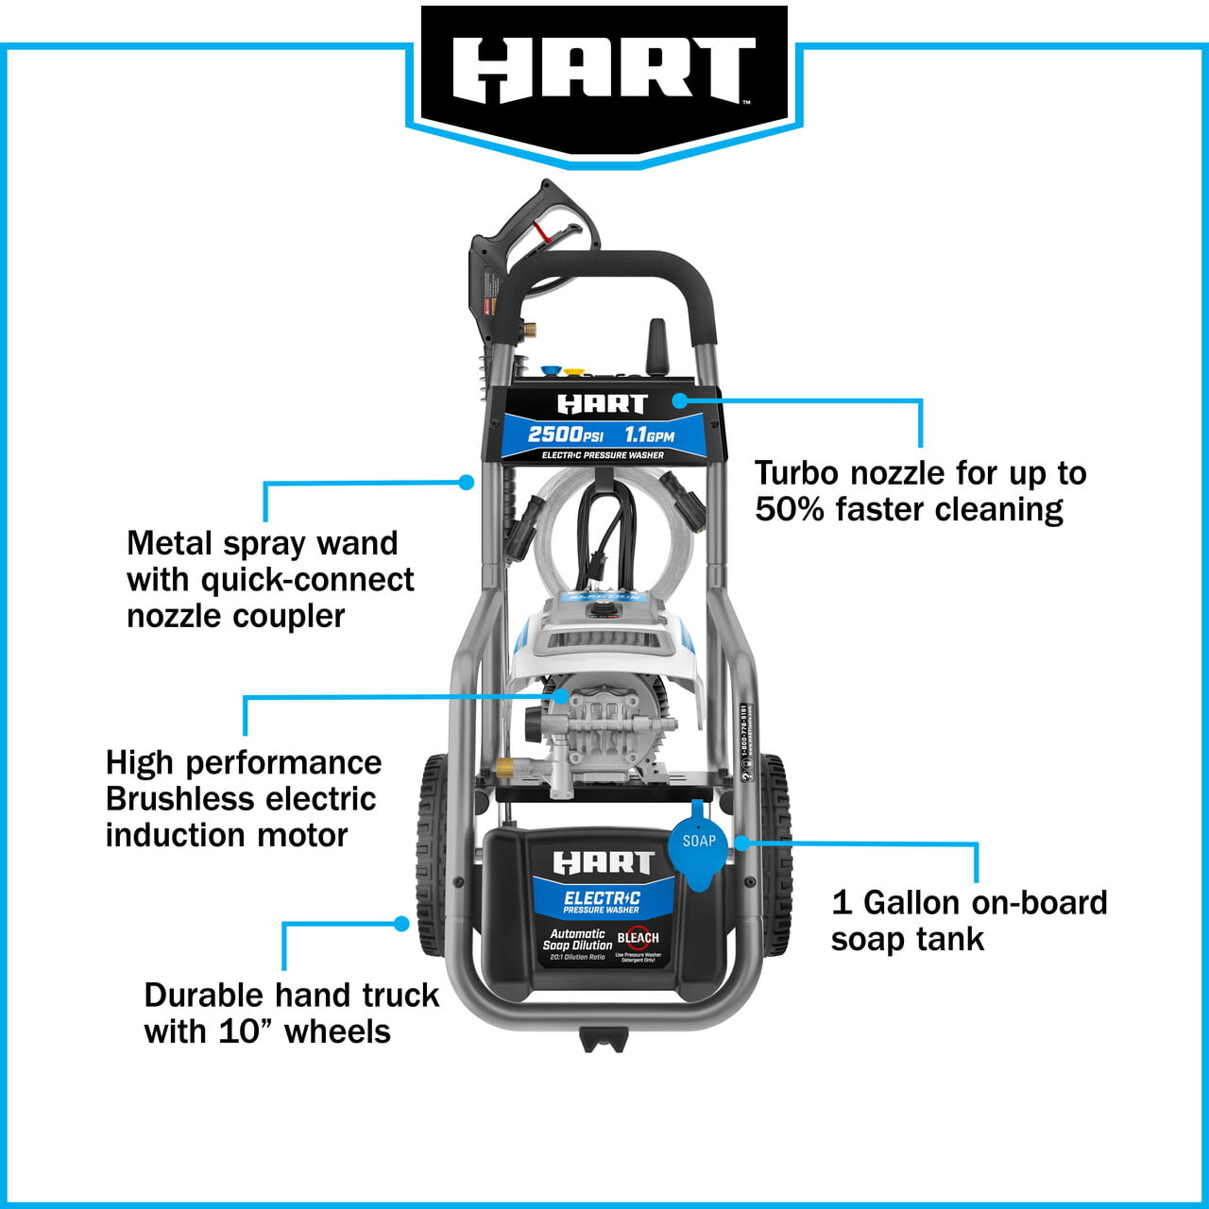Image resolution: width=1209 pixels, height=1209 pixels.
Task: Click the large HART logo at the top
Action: click(604, 71)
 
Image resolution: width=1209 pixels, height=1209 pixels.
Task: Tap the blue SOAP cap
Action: click(698, 844)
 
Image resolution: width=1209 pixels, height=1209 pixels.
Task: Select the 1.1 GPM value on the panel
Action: click(649, 434)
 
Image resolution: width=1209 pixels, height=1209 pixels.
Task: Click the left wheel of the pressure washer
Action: click(431, 855)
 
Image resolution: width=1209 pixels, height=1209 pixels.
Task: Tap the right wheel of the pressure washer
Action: click(776, 855)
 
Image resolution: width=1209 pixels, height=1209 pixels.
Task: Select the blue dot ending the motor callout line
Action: click(561, 696)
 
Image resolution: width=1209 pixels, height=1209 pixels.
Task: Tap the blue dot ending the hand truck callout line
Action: click(402, 924)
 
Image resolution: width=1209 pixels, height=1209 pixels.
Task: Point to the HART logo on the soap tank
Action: click(603, 862)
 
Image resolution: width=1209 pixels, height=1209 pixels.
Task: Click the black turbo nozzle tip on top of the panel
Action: click(656, 348)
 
